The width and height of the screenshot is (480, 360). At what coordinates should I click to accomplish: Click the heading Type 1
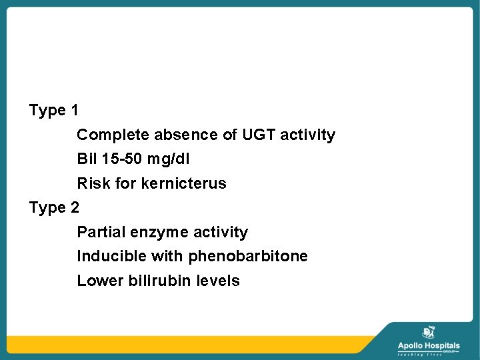click(54, 110)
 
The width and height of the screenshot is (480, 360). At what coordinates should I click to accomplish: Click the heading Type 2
click(54, 207)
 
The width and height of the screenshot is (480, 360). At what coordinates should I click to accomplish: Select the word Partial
click(100, 232)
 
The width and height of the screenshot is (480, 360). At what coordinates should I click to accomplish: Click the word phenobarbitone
click(248, 256)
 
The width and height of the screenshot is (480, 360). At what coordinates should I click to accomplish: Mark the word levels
click(218, 281)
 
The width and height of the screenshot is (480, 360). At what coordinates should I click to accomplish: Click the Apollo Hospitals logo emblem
click(429, 331)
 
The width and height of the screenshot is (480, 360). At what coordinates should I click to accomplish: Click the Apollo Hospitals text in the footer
click(429, 345)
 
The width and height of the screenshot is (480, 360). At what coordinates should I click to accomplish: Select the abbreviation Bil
click(87, 159)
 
